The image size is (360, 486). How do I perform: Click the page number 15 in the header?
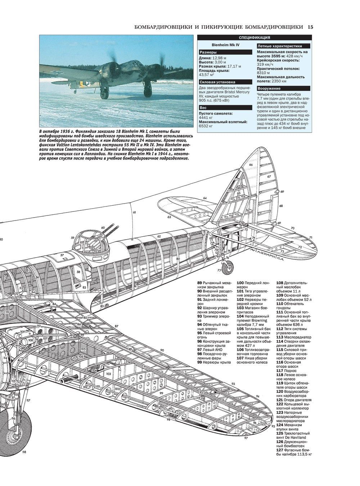[311, 27]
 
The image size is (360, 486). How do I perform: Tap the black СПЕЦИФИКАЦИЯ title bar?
[255, 38]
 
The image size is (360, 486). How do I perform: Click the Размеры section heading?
[208, 53]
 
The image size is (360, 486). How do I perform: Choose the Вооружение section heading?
[269, 89]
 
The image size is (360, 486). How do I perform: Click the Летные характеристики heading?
[279, 46]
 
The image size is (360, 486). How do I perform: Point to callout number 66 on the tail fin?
[250, 165]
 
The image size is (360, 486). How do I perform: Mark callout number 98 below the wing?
[168, 419]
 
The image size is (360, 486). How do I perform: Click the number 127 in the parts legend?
[280, 450]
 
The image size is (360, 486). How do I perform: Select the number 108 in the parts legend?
[280, 283]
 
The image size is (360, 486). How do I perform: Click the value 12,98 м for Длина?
[219, 58]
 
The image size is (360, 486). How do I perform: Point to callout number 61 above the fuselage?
[134, 213]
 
